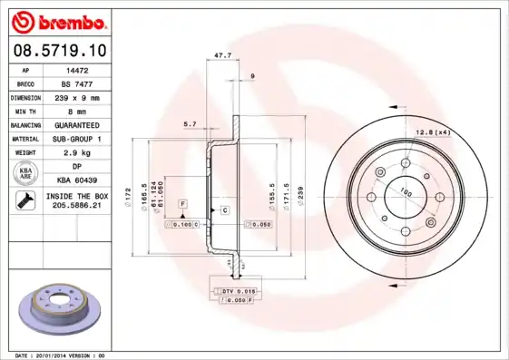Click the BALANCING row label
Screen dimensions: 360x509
pos(25,124)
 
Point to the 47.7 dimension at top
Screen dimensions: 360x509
pos(220,55)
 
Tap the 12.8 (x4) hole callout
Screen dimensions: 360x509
pos(433,133)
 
